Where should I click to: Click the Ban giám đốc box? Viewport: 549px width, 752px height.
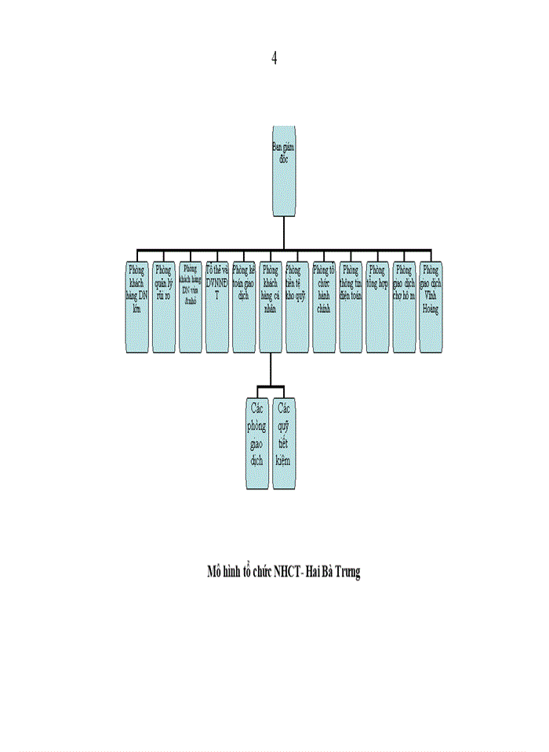tap(285, 171)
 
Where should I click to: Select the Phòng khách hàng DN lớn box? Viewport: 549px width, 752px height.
tap(137, 307)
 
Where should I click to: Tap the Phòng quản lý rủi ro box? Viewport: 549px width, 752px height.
tap(164, 307)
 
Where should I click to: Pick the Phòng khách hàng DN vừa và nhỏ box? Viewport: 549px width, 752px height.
tap(191, 307)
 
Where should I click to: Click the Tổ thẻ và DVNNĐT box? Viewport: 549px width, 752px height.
tap(217, 307)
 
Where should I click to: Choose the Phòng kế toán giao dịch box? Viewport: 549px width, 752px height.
tap(244, 307)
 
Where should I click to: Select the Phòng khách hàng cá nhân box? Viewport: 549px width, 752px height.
tap(271, 307)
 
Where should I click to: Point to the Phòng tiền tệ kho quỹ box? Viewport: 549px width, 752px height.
tap(297, 307)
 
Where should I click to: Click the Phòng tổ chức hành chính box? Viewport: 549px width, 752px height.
tap(324, 307)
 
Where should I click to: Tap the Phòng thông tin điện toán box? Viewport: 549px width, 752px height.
tap(351, 307)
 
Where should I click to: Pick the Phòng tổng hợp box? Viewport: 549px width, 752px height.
tap(377, 307)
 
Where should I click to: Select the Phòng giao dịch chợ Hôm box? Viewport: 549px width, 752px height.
tap(404, 307)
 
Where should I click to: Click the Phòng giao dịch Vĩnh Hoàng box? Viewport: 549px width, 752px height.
tap(431, 307)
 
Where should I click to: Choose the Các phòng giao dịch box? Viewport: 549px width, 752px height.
tap(257, 434)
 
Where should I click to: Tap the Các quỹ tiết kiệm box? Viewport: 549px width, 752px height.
tap(284, 434)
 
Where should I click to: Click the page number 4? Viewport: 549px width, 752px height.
tap(274, 58)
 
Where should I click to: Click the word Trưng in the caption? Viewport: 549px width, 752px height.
tap(347, 572)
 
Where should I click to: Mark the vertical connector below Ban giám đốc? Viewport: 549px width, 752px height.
tap(285, 233)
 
